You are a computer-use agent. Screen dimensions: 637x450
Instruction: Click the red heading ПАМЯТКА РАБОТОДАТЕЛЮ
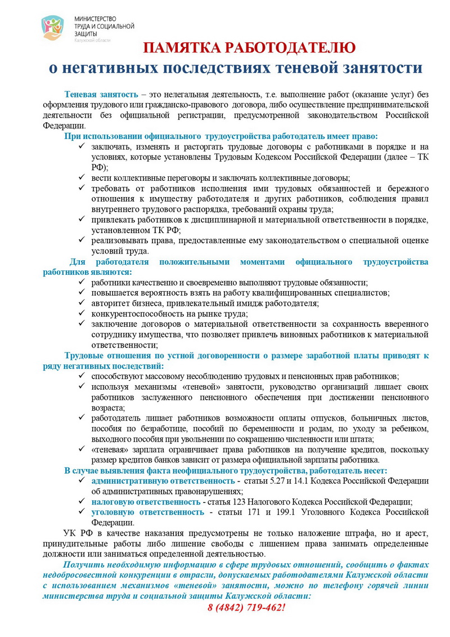coord(248,47)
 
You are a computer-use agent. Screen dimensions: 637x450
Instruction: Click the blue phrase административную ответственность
coord(163,480)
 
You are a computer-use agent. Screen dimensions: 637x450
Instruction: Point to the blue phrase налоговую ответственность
coord(146,501)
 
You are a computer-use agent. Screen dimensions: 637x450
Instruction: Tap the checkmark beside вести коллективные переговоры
coord(83,177)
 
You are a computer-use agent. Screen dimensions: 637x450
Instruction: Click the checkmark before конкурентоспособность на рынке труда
coord(83,314)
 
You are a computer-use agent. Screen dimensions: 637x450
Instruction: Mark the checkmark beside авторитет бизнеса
coord(83,303)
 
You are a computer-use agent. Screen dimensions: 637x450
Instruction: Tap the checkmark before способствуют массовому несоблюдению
coord(83,376)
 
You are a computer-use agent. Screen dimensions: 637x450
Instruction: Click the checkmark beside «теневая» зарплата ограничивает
coord(83,449)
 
